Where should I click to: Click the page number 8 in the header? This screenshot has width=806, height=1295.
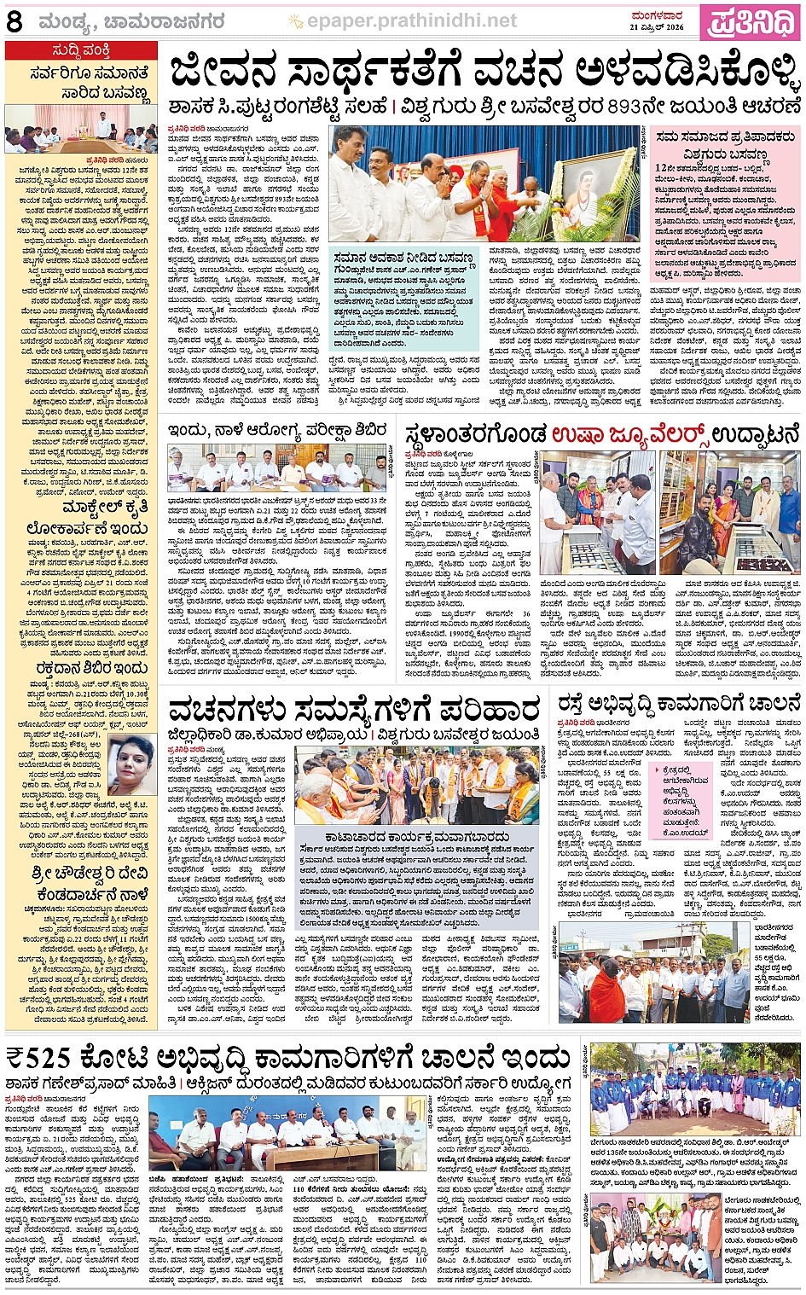[14, 21]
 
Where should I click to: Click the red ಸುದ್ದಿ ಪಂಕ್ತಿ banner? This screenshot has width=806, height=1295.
[81, 49]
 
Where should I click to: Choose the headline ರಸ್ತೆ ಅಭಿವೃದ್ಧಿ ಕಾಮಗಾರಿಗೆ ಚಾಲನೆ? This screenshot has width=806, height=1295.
[680, 704]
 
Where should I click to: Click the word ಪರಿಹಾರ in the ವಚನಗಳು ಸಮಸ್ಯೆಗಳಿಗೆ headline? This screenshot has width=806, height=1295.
[489, 709]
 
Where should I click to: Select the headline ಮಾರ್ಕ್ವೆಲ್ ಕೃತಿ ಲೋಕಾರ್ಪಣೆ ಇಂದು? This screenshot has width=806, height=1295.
[82, 517]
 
